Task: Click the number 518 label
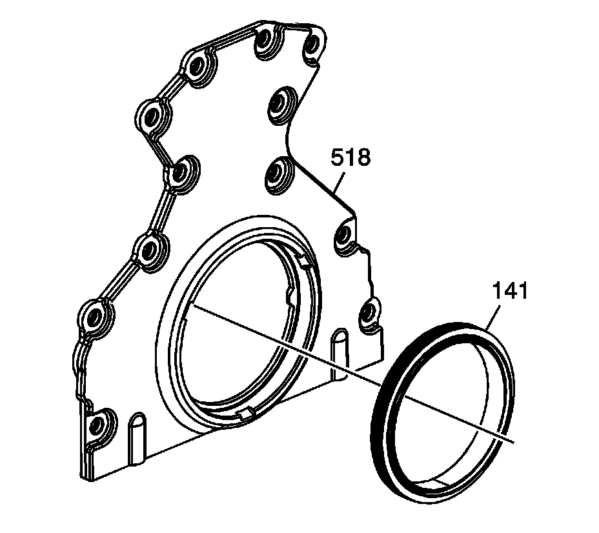point(351,157)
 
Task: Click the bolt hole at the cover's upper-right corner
point(312,45)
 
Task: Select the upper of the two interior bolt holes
point(279,103)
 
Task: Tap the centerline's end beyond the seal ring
point(514,441)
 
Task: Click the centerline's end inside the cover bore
point(192,305)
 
